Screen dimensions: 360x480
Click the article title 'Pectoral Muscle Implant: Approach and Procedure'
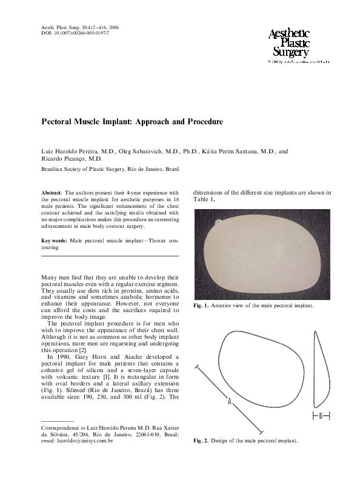tap(132, 121)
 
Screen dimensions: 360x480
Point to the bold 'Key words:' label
tap(54, 241)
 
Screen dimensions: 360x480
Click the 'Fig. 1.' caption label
tap(201, 305)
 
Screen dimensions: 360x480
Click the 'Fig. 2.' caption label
tap(201, 441)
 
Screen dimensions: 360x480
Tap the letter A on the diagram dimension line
tap(229, 401)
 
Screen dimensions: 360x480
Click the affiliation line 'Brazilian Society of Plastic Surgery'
tap(92, 170)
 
